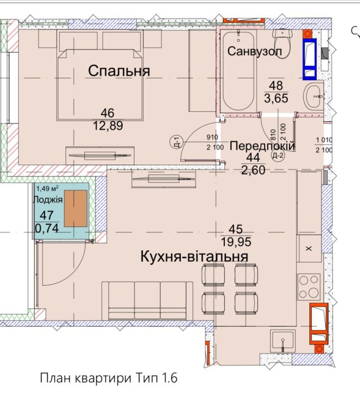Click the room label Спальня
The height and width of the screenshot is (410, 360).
pyautogui.click(x=119, y=71)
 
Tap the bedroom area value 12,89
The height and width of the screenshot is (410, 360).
pyautogui.click(x=108, y=126)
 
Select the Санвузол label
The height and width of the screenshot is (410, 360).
pyautogui.click(x=255, y=51)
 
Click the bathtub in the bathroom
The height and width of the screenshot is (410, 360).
pyautogui.click(x=238, y=71)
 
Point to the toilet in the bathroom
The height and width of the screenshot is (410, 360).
pyautogui.click(x=282, y=43)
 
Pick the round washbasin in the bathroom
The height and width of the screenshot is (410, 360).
pyautogui.click(x=313, y=97)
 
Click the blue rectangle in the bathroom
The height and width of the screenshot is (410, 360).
pyautogui.click(x=310, y=59)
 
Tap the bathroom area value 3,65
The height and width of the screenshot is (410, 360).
pyautogui.click(x=276, y=99)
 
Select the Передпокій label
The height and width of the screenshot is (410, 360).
pyautogui.click(x=262, y=146)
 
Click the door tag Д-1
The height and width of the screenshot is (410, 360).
pyautogui.click(x=177, y=143)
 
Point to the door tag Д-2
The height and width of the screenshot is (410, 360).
pyautogui.click(x=278, y=156)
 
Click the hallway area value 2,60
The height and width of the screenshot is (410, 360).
pyautogui.click(x=253, y=170)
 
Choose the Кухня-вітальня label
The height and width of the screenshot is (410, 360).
pyautogui.click(x=194, y=256)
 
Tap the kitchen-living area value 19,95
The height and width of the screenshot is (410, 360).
pyautogui.click(x=236, y=242)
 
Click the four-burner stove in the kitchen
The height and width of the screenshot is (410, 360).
pyautogui.click(x=309, y=287)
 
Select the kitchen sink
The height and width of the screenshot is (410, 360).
pyautogui.click(x=283, y=341)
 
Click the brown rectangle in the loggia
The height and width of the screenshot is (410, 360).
pyautogui.click(x=76, y=209)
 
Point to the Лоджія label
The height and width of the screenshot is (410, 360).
pyautogui.click(x=48, y=199)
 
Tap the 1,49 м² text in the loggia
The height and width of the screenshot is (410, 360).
pyautogui.click(x=47, y=188)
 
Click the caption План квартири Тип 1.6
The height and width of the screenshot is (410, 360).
pyautogui.click(x=109, y=378)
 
